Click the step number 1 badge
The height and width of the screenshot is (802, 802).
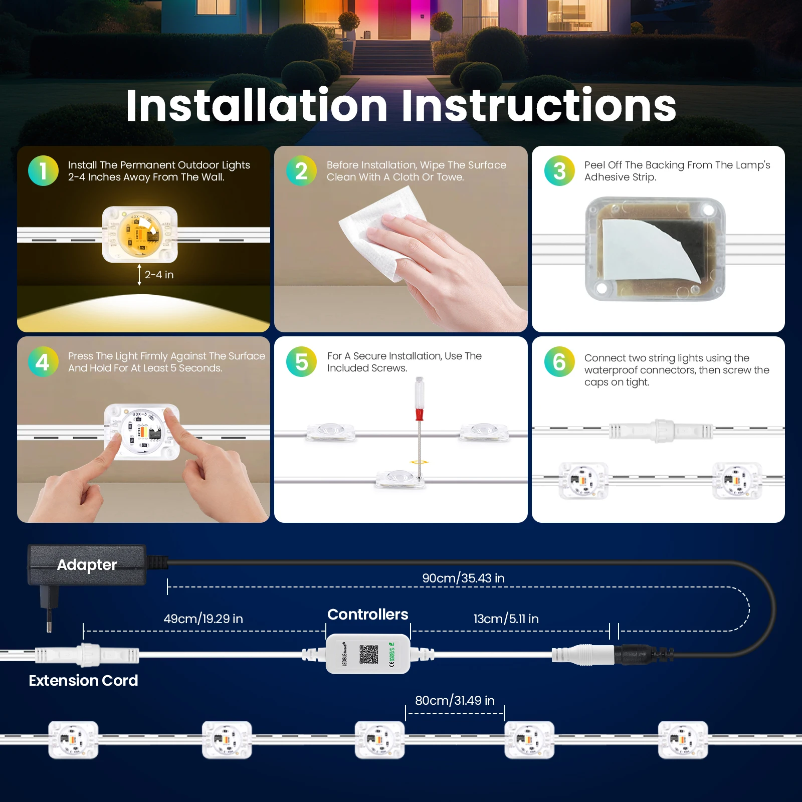pyautogui.click(x=43, y=171)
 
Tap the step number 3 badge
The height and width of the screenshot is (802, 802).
pyautogui.click(x=559, y=171)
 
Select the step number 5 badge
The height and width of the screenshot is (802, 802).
pyautogui.click(x=301, y=361)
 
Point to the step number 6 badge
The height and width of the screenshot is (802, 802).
pyautogui.click(x=559, y=361)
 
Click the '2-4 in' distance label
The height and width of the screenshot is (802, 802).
pyautogui.click(x=159, y=275)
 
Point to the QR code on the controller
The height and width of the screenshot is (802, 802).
pyautogui.click(x=368, y=654)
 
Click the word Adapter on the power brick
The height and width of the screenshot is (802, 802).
pyautogui.click(x=87, y=565)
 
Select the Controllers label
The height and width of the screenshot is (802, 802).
pyautogui.click(x=368, y=614)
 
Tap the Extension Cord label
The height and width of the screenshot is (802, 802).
pyautogui.click(x=83, y=680)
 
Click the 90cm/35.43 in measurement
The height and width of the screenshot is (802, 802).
pyautogui.click(x=463, y=578)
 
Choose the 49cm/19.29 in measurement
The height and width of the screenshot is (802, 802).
pyautogui.click(x=203, y=619)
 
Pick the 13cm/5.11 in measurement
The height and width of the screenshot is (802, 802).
pyautogui.click(x=506, y=619)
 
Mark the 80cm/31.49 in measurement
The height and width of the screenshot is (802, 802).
pyautogui.click(x=455, y=700)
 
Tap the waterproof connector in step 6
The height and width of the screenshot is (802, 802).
pyautogui.click(x=661, y=431)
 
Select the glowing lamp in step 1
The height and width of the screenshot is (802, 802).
pyautogui.click(x=140, y=235)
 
